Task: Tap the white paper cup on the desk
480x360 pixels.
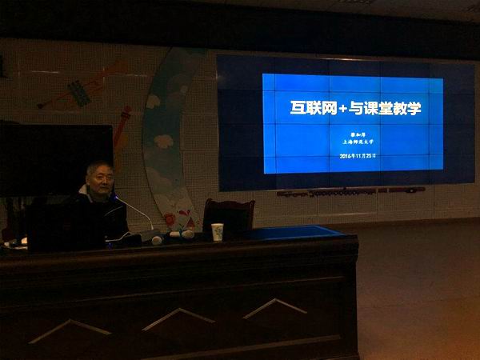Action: point(217,231)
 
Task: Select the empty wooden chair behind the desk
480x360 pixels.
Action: point(229,214)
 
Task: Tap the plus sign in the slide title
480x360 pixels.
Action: point(348,108)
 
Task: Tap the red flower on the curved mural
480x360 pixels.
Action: point(170,218)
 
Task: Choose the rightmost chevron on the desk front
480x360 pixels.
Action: point(274,306)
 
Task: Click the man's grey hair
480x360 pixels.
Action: point(98,166)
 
